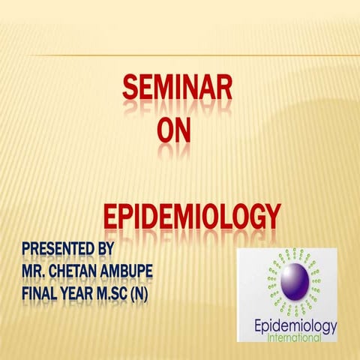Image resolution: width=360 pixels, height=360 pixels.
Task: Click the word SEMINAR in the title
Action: coord(177,94)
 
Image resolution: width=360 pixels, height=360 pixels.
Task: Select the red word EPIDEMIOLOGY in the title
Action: coord(191,217)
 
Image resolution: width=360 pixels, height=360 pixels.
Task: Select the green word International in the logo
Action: coord(295,339)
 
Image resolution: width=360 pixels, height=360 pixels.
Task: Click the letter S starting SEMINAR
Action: coord(130,94)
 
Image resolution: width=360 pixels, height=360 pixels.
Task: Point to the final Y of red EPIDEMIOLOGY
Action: coord(272,217)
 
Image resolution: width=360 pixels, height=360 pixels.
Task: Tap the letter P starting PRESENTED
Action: coord(26,247)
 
